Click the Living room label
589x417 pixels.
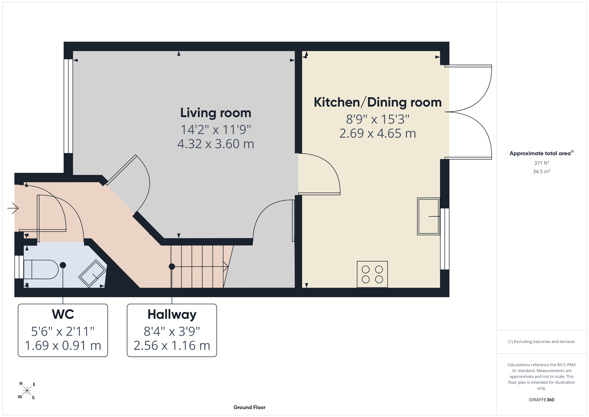(216, 113)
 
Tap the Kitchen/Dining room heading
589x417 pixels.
(378, 102)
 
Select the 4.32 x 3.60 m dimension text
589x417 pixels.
(216, 144)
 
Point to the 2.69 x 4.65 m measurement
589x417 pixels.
(378, 133)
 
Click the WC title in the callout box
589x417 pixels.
(63, 314)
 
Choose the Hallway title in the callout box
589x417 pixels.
(172, 315)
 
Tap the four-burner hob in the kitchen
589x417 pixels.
(372, 274)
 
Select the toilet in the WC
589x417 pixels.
(41, 269)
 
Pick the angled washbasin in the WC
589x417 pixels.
(92, 273)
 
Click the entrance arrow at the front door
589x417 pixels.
(13, 208)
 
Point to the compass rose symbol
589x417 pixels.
(27, 391)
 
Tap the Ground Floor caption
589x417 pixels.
(249, 407)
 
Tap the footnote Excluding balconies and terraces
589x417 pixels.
(542, 341)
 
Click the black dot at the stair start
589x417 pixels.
(172, 266)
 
